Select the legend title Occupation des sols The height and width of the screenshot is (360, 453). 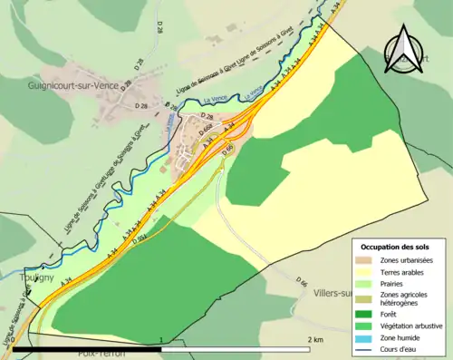[x=397, y=246]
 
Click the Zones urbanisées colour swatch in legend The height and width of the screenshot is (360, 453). [x=371, y=260]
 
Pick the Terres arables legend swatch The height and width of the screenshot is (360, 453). [x=371, y=271]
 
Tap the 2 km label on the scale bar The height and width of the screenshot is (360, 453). [x=315, y=340]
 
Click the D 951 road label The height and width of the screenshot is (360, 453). [x=140, y=240]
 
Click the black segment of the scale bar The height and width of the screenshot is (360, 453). [x=89, y=348]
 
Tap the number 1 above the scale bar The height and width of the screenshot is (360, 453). [x=161, y=340]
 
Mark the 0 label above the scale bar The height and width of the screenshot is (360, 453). [x=13, y=340]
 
